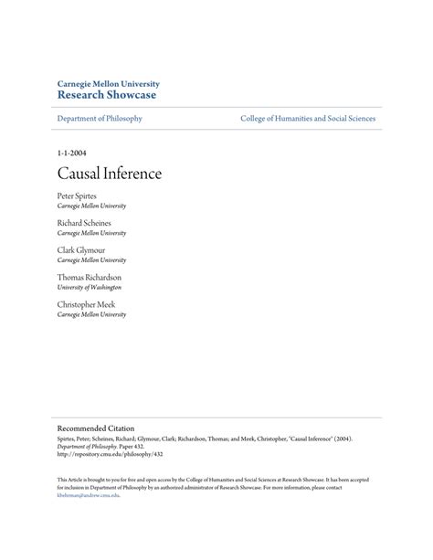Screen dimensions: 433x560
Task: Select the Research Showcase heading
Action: coord(106,94)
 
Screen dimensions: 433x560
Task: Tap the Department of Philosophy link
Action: coord(100,119)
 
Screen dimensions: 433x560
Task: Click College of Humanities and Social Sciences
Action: coord(308,119)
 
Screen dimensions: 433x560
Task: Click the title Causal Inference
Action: coord(109,172)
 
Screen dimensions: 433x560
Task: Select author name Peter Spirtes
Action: coord(80,195)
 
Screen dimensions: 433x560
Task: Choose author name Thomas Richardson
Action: coord(89,277)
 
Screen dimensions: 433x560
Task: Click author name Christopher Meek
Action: coord(86,303)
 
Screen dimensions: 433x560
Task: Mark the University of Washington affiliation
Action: coord(89,287)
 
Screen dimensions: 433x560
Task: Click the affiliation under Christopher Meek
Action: coord(91,314)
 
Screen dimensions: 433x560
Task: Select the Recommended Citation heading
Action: coord(95,428)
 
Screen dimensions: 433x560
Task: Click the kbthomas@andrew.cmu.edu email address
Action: coord(89,496)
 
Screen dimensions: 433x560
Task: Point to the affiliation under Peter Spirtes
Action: coord(91,206)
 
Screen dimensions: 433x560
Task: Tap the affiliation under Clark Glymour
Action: coord(91,259)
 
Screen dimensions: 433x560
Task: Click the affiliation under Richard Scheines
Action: coord(91,233)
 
